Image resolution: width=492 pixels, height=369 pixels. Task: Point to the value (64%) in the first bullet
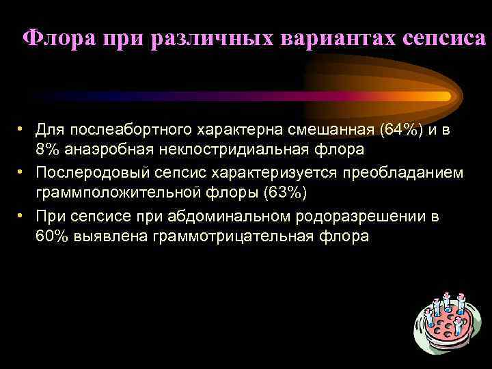(x=405, y=129)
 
